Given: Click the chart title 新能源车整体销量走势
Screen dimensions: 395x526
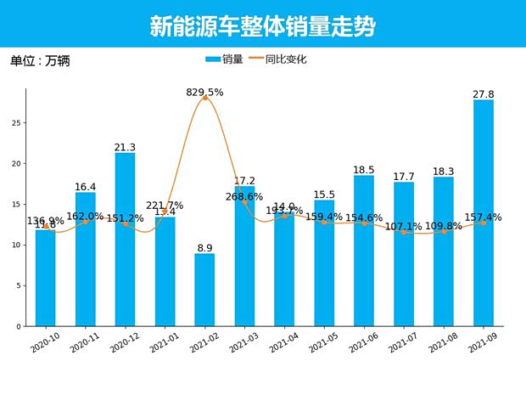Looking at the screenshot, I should [263, 26].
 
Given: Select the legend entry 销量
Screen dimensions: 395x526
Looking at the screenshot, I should [225, 59].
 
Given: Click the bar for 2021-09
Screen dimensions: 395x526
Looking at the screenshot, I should [484, 212].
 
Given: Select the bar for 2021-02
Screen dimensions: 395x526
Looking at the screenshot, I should [204, 290].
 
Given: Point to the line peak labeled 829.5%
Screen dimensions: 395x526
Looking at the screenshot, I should [204, 99].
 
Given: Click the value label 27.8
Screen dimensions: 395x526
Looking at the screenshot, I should [484, 93].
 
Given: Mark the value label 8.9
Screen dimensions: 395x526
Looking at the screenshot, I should [204, 247].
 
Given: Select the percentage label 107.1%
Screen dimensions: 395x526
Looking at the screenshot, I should [404, 227].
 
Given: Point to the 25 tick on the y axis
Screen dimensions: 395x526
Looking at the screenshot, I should [17, 122].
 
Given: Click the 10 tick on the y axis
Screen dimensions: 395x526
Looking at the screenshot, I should [17, 245].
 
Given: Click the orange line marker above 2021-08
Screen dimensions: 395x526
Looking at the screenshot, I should [444, 231].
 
